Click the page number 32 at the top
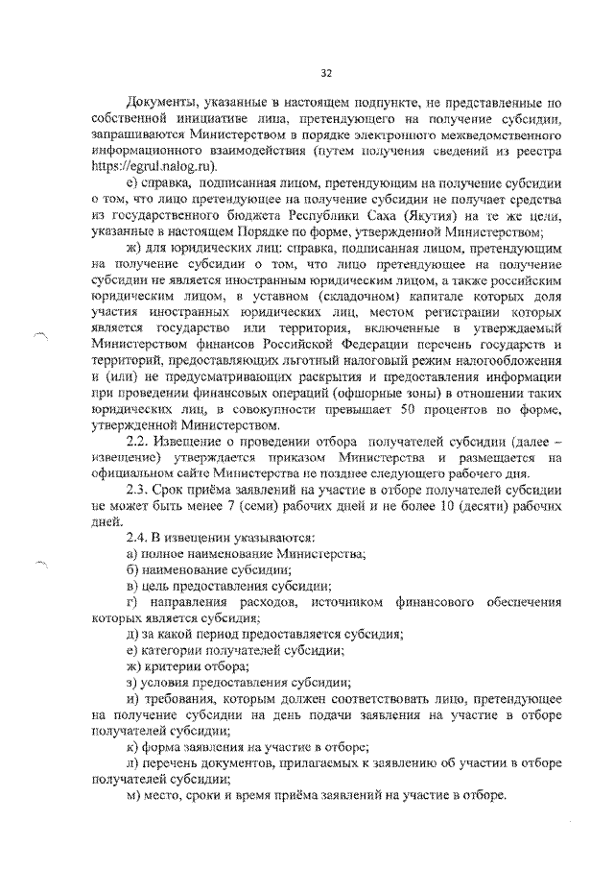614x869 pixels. [x=326, y=73]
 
